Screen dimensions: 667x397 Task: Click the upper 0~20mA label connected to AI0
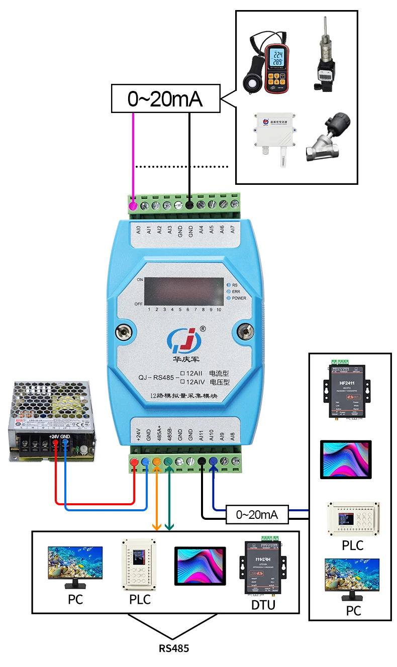(165, 99)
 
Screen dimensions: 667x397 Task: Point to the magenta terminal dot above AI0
(134, 205)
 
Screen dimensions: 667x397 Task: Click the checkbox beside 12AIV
(183, 382)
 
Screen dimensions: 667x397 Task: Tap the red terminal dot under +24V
(134, 462)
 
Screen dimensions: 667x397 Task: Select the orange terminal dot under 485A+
(157, 462)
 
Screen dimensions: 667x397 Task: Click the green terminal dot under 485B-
(168, 462)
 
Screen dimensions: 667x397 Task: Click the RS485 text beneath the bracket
(174, 648)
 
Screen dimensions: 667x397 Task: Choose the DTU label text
(263, 605)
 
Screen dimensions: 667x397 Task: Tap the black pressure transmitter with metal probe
(328, 59)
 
